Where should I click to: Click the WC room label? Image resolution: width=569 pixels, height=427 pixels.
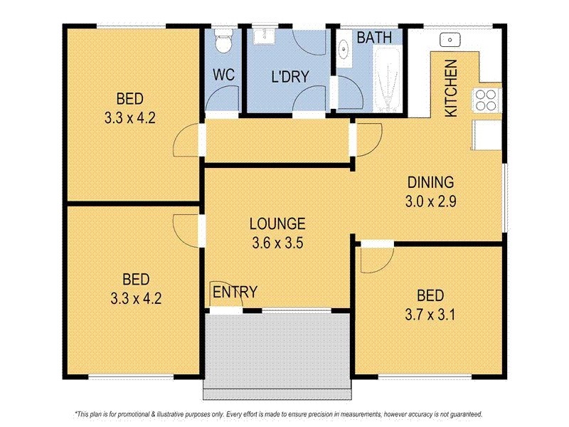click(224, 75)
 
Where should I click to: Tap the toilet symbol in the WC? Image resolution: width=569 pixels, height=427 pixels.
click(224, 41)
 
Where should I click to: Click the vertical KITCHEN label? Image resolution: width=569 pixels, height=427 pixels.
click(450, 88)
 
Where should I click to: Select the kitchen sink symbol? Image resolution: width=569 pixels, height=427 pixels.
click(450, 39)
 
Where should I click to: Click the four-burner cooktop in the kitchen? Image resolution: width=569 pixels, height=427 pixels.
click(487, 100)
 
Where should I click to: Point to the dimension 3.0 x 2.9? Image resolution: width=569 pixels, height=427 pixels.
click(430, 201)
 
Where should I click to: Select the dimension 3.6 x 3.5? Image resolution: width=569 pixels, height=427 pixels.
click(278, 242)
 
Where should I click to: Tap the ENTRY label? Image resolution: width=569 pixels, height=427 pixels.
click(235, 291)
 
